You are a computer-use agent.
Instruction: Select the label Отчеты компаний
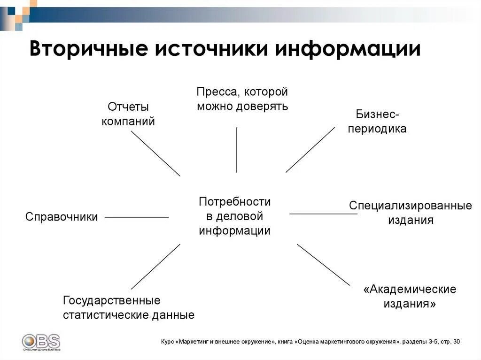coord(128,114)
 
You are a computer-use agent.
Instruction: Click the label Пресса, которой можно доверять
coord(242,99)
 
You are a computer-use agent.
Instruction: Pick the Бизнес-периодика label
coord(377,122)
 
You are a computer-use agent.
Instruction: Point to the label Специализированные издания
coord(411,213)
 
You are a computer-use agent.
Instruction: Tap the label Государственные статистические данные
coord(129,307)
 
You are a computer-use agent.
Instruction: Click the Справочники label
coord(62,217)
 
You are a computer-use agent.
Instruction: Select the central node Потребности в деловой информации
coord(235,216)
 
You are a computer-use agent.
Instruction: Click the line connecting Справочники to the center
coord(137,218)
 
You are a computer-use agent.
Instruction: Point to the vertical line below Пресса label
coord(236,149)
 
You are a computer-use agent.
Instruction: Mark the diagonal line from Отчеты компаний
coord(155,153)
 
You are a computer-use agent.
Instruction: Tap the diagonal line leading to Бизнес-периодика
coord(310,150)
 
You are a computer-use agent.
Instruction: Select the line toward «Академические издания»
coord(323,264)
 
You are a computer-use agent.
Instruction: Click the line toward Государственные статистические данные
coord(155,266)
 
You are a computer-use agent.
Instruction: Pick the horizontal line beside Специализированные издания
coord(323,214)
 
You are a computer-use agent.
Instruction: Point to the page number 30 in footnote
coord(457,341)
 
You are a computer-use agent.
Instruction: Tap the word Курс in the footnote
coord(167,341)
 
